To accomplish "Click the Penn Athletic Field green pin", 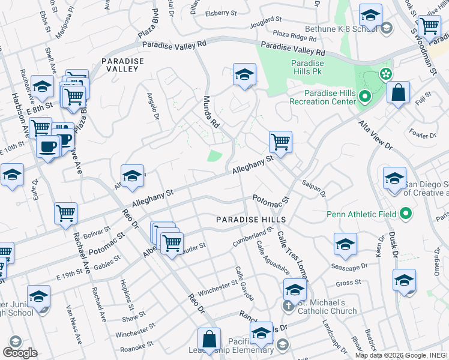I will [x=406, y=214].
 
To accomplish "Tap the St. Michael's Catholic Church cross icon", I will [x=288, y=305].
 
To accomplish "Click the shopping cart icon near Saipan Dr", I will [x=280, y=142].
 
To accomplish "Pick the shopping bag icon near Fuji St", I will [x=398, y=93].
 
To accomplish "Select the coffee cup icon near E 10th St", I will [x=47, y=146].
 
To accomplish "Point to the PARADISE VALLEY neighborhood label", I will [x=123, y=65].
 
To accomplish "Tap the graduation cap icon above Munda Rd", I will [x=244, y=75].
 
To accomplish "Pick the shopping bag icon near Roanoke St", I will [x=209, y=339].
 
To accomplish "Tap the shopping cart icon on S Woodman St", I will [x=429, y=26].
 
